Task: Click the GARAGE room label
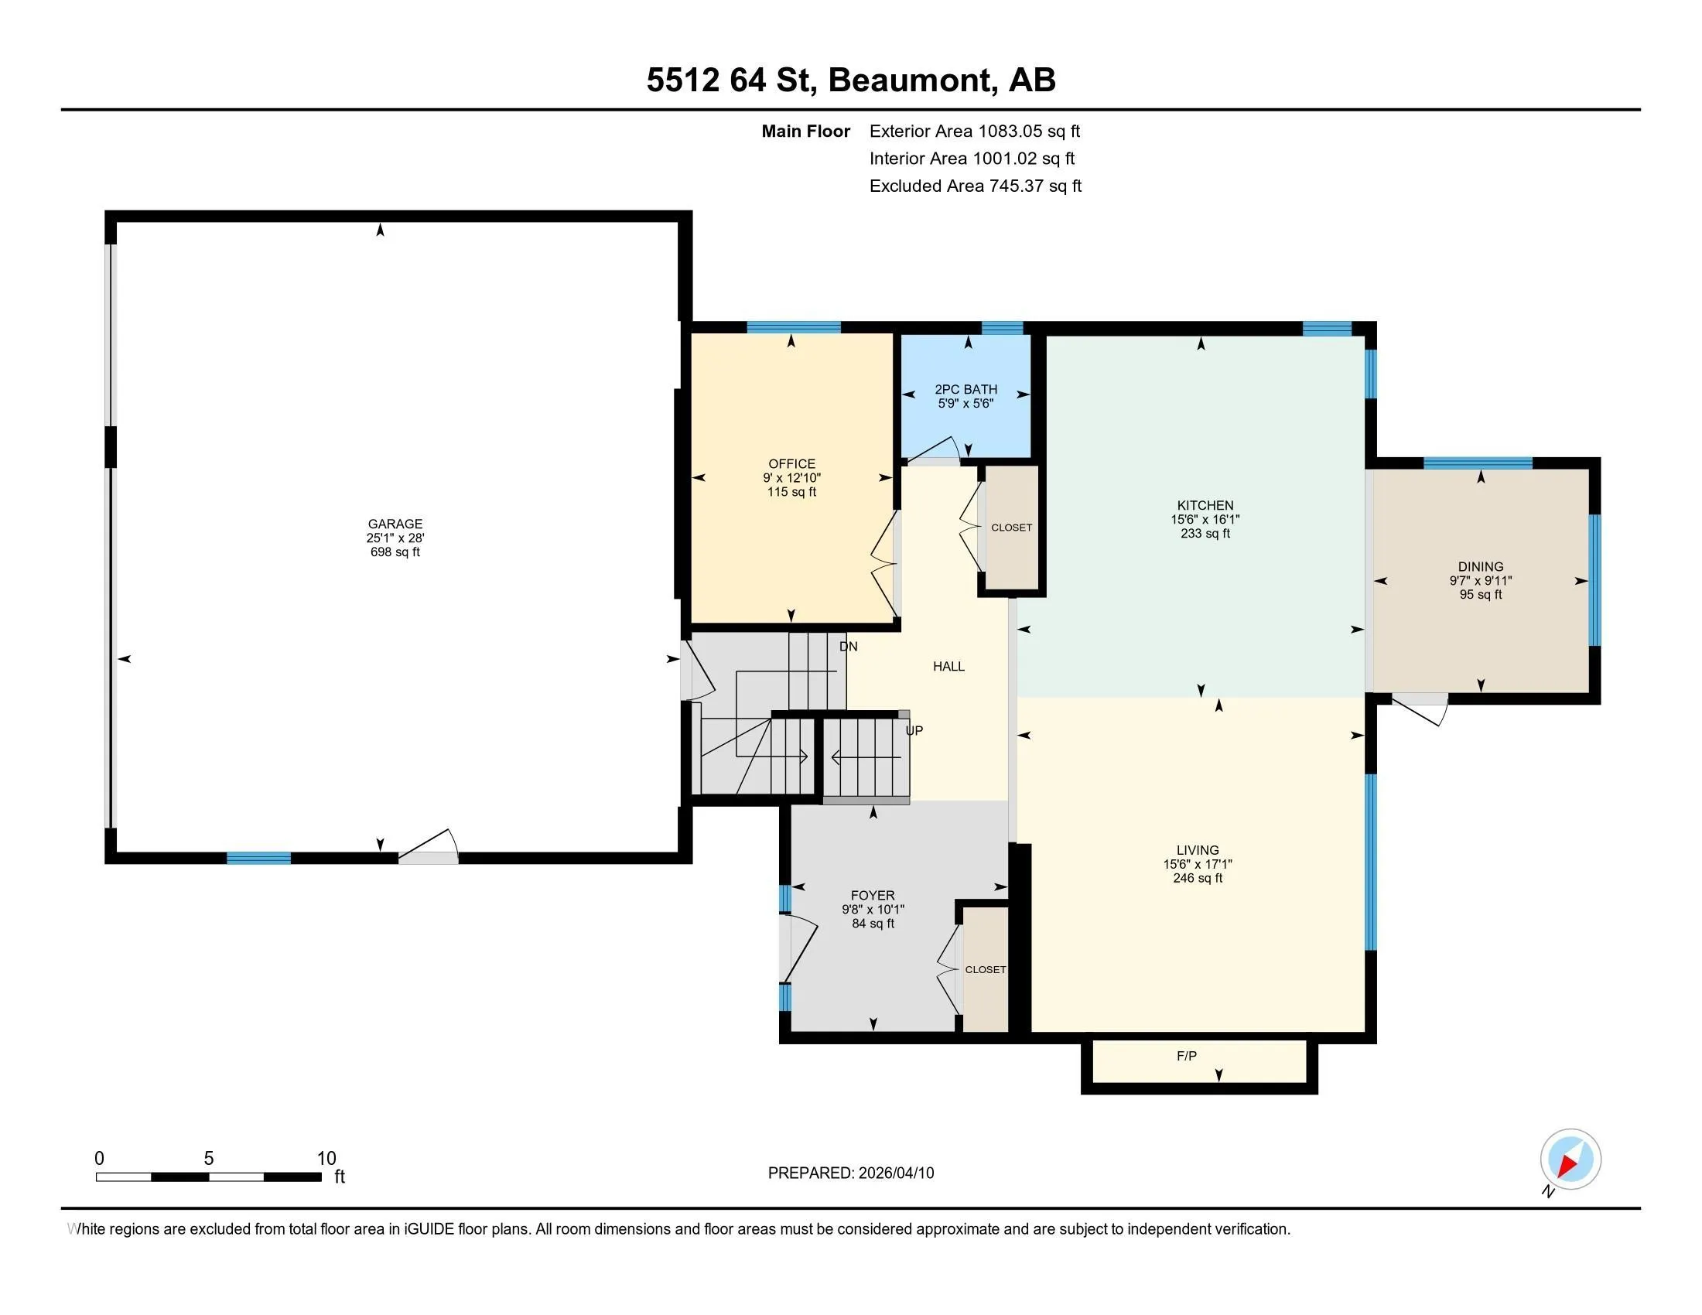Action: [395, 524]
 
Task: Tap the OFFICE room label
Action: [791, 463]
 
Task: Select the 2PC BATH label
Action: [965, 390]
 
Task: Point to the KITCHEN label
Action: [1205, 506]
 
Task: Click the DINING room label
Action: [1481, 566]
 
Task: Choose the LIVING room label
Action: [1198, 850]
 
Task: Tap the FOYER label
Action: [873, 895]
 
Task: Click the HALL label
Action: [948, 666]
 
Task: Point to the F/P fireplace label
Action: [1186, 1056]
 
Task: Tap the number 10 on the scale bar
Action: [326, 1159]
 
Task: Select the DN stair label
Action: [848, 646]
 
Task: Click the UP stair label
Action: [914, 731]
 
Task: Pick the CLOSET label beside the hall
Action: [1012, 528]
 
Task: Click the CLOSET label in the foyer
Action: [985, 969]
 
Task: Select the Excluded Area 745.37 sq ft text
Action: [975, 186]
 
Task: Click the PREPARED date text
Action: [851, 1173]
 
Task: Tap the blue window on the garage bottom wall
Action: [258, 858]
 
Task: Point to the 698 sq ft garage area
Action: [395, 552]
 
